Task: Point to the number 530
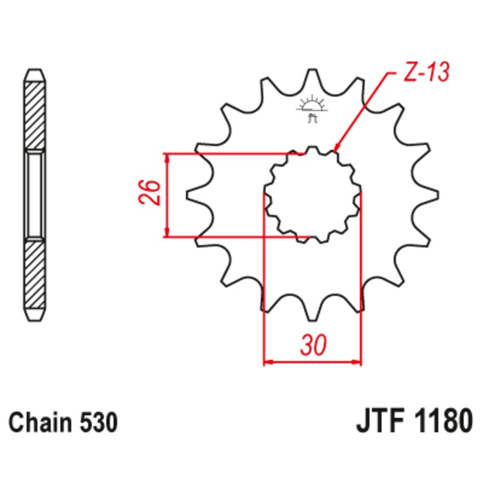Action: (97, 423)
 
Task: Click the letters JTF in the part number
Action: (376, 421)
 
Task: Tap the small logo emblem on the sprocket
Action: (312, 107)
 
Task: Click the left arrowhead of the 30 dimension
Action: (269, 363)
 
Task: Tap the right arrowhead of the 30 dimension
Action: (357, 363)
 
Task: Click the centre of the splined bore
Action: (313, 194)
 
